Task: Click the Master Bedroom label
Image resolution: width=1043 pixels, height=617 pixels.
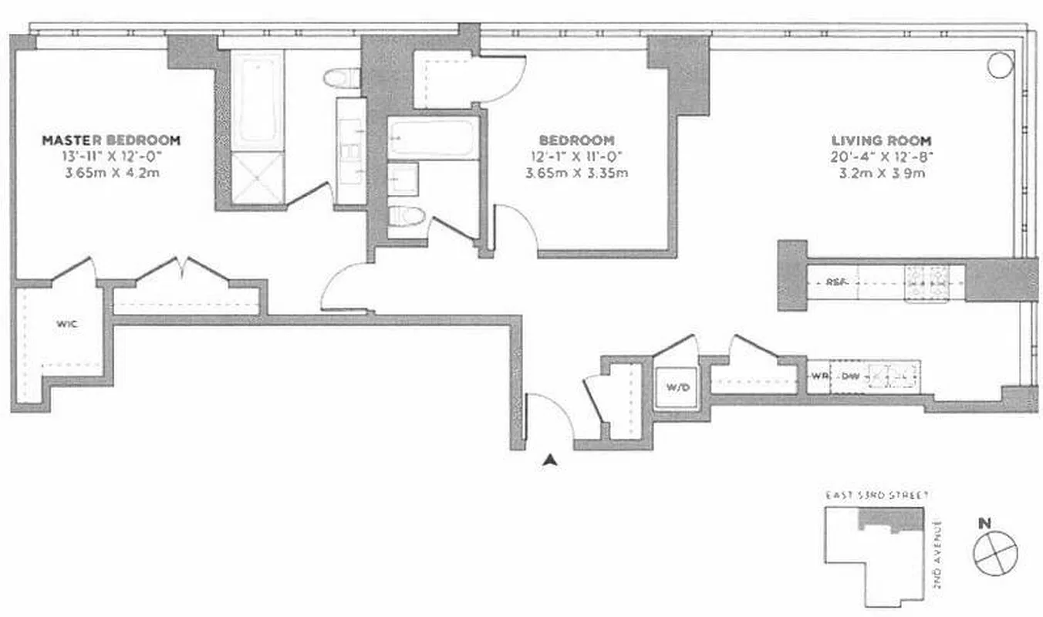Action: tap(111, 140)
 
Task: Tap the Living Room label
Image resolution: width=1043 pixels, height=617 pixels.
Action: tap(881, 140)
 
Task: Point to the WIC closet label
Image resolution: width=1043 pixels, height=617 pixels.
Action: tap(66, 323)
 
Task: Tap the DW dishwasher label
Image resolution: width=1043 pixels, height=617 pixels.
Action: tap(850, 376)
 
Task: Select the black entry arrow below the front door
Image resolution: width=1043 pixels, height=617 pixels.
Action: tap(549, 460)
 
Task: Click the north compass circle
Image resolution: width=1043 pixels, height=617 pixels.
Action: tap(995, 553)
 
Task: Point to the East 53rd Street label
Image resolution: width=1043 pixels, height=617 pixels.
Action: tap(876, 495)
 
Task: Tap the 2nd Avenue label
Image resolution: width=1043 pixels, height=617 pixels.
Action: tap(938, 555)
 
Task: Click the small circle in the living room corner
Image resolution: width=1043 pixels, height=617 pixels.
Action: tap(1001, 64)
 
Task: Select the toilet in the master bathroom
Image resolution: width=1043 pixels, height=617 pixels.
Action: tap(343, 77)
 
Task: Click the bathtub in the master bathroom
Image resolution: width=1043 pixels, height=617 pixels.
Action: tap(258, 100)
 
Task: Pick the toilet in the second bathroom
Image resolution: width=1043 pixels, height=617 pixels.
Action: tap(406, 217)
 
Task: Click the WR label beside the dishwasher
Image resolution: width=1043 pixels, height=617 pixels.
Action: tap(819, 376)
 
